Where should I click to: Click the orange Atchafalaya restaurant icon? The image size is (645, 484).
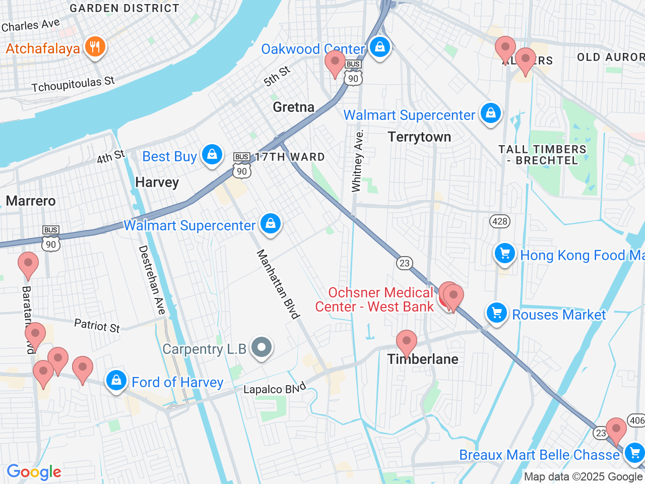pyautogui.click(x=95, y=47)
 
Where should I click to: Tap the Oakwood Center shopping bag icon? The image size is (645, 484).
pyautogui.click(x=380, y=47)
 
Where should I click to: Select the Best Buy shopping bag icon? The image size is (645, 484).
pyautogui.click(x=212, y=155)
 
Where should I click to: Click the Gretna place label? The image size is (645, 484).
pyautogui.click(x=293, y=107)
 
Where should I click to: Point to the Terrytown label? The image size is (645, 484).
pyautogui.click(x=419, y=137)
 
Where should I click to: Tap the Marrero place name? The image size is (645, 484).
pyautogui.click(x=31, y=201)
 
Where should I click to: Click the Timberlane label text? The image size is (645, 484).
pyautogui.click(x=423, y=359)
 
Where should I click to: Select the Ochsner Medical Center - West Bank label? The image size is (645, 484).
pyautogui.click(x=374, y=299)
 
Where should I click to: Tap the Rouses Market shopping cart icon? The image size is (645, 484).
pyautogui.click(x=497, y=313)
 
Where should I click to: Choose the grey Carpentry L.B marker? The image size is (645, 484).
pyautogui.click(x=262, y=347)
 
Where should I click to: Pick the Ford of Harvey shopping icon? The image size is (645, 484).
pyautogui.click(x=116, y=381)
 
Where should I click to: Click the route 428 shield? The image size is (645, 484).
pyautogui.click(x=499, y=221)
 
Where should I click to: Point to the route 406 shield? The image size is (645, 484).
pyautogui.click(x=636, y=420)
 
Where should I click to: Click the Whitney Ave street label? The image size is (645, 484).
pyautogui.click(x=357, y=161)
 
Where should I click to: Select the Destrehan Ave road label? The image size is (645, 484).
pyautogui.click(x=152, y=280)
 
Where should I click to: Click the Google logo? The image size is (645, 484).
pyautogui.click(x=34, y=472)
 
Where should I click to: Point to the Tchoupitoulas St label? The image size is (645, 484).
pyautogui.click(x=73, y=84)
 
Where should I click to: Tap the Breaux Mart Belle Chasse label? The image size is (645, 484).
pyautogui.click(x=539, y=455)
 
